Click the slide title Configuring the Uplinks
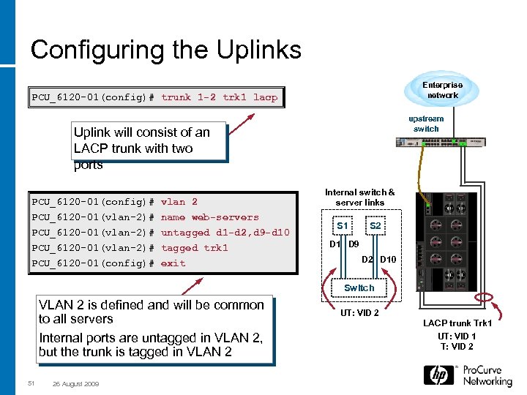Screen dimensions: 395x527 (x=165, y=50)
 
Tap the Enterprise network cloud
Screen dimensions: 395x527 (x=442, y=90)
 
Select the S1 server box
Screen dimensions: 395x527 (x=341, y=226)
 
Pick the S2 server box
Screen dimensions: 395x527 (x=375, y=226)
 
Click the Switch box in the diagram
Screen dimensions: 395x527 (x=359, y=287)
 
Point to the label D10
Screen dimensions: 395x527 (x=388, y=260)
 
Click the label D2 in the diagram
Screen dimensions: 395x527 (x=368, y=260)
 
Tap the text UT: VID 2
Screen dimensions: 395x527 (x=359, y=313)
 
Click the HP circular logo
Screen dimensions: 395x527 (x=439, y=375)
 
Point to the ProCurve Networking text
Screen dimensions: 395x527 (x=487, y=376)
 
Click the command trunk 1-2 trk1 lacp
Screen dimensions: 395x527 (x=219, y=97)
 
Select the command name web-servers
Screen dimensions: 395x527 (x=209, y=217)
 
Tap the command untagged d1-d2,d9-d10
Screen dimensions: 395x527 (x=225, y=233)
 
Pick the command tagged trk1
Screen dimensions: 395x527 (x=194, y=248)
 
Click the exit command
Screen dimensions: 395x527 (x=173, y=263)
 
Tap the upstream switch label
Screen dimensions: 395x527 (x=426, y=124)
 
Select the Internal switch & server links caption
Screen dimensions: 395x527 (x=359, y=197)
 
